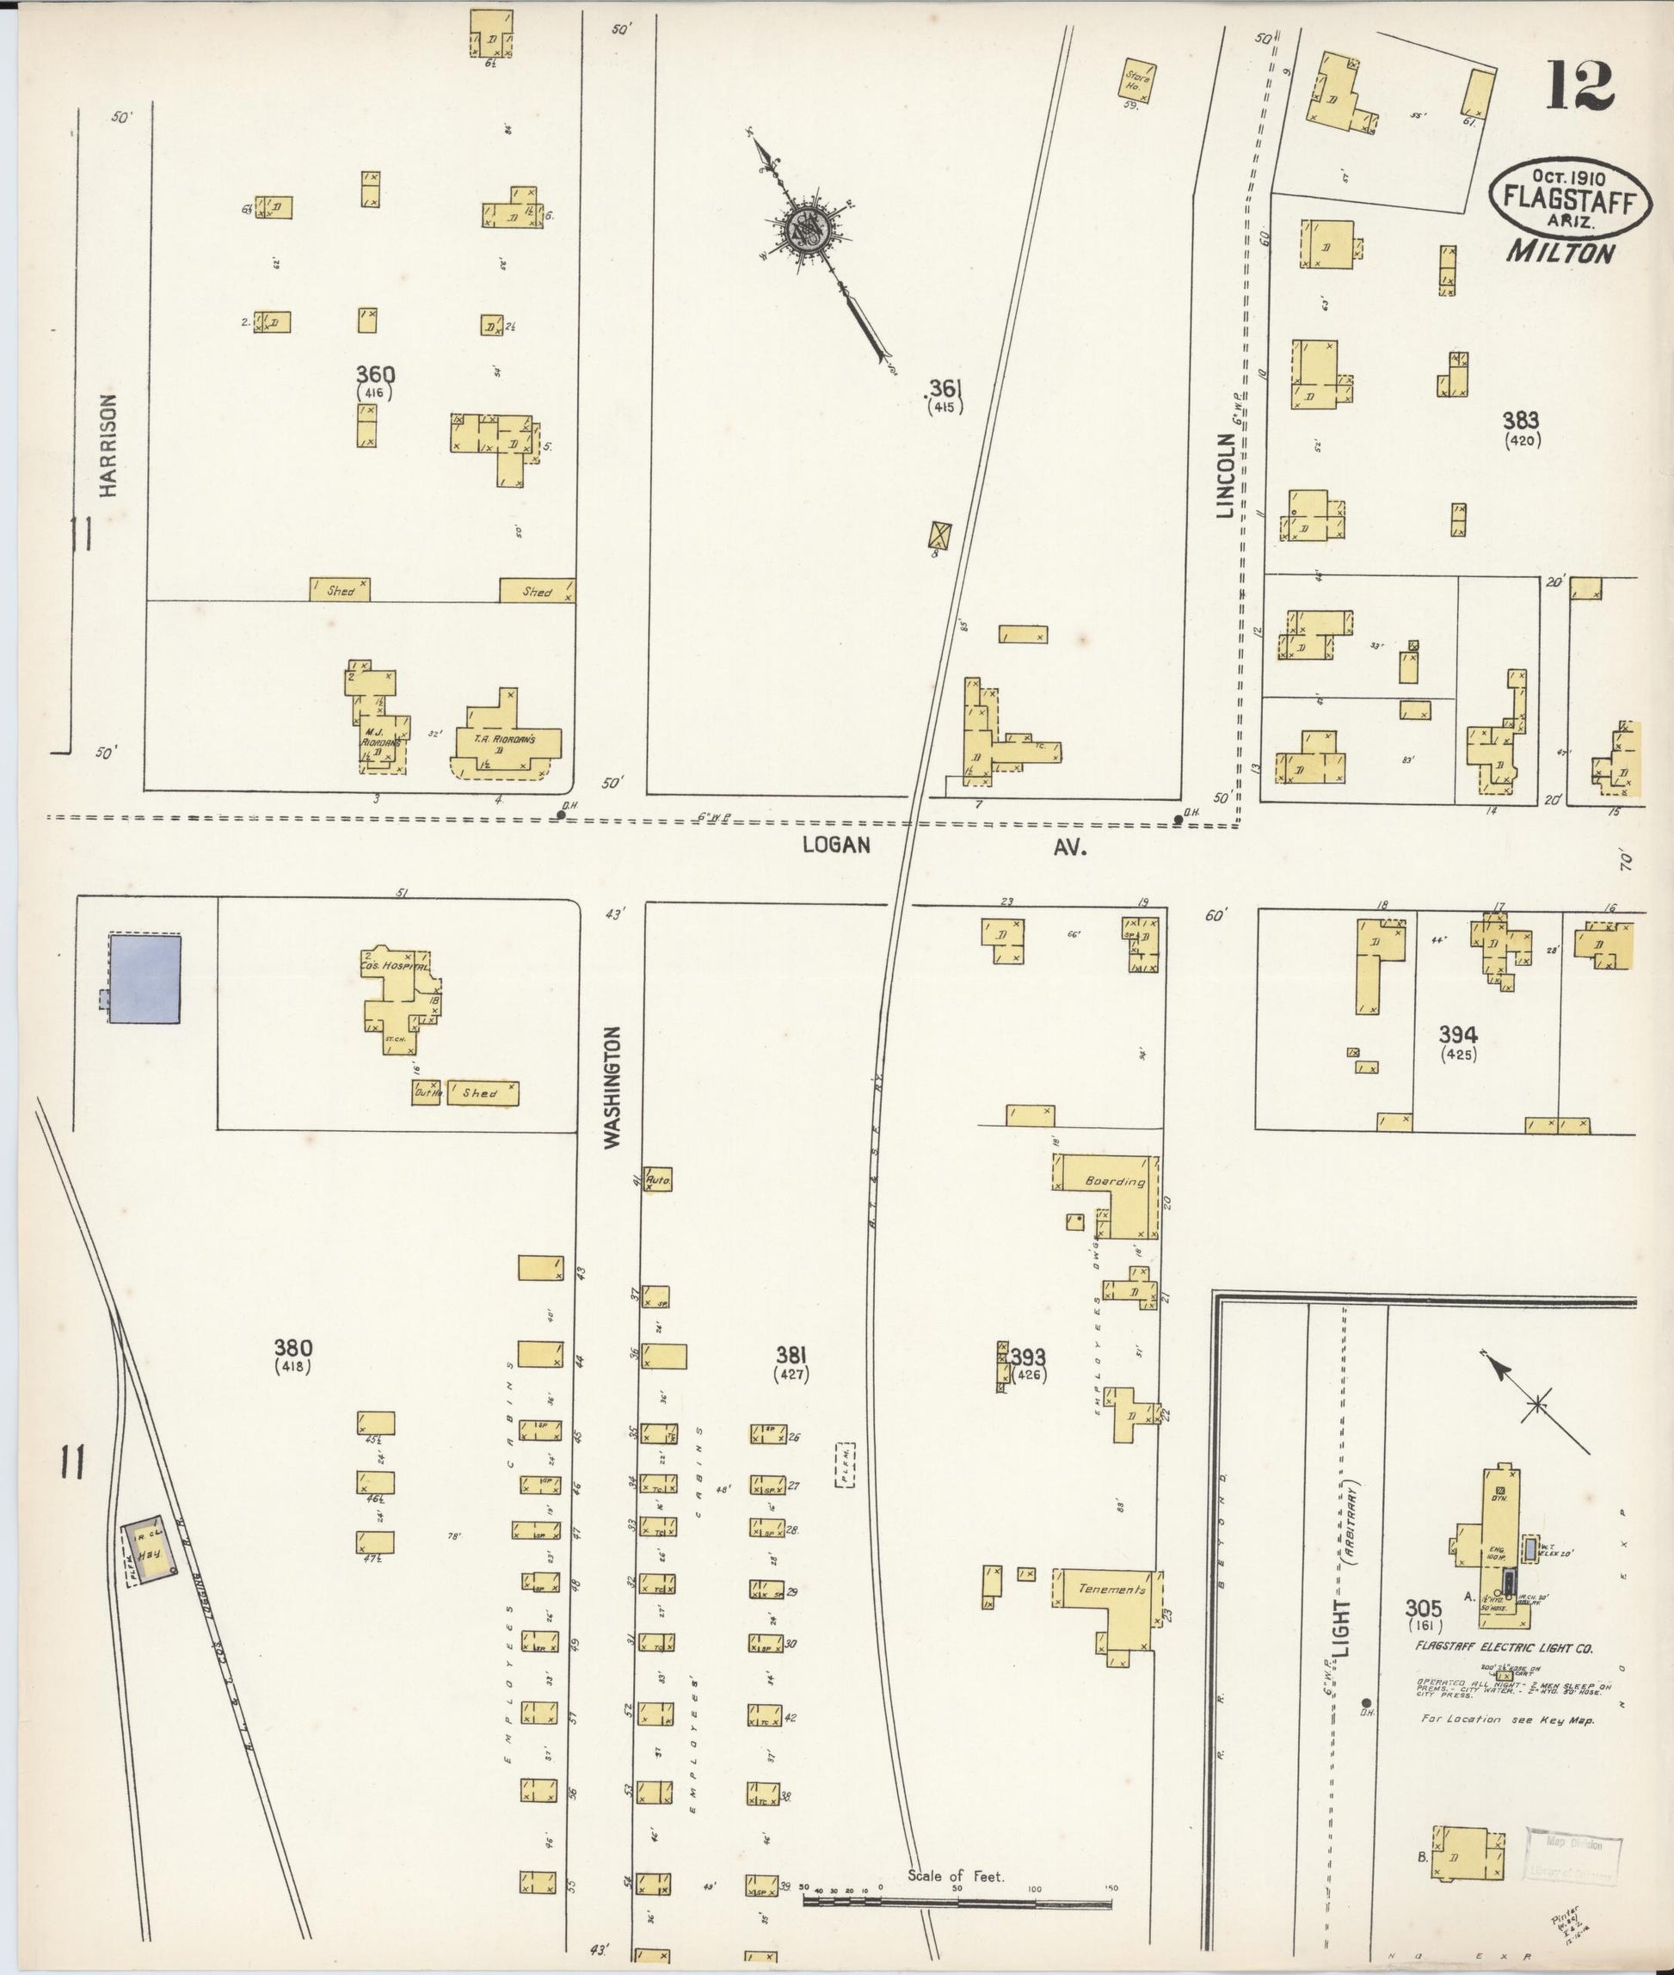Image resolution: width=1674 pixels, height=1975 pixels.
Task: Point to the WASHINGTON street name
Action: pyautogui.click(x=613, y=1086)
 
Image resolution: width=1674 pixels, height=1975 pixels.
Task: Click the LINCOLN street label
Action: pyautogui.click(x=1225, y=477)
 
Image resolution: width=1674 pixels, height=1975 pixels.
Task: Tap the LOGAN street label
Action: pyautogui.click(x=836, y=844)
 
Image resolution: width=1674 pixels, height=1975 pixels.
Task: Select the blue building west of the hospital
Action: pyautogui.click(x=145, y=977)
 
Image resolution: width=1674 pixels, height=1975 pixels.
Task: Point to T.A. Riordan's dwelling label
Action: pyautogui.click(x=505, y=738)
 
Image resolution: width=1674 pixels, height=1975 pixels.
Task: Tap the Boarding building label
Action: pyautogui.click(x=1116, y=1182)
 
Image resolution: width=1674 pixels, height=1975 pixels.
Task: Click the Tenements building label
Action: pyautogui.click(x=1112, y=1589)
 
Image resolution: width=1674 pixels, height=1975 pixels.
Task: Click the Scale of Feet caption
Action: pyautogui.click(x=955, y=1876)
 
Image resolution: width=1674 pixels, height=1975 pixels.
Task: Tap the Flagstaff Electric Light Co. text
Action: pyautogui.click(x=1503, y=1648)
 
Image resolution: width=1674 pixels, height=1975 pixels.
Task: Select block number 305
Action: pyautogui.click(x=1424, y=1608)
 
